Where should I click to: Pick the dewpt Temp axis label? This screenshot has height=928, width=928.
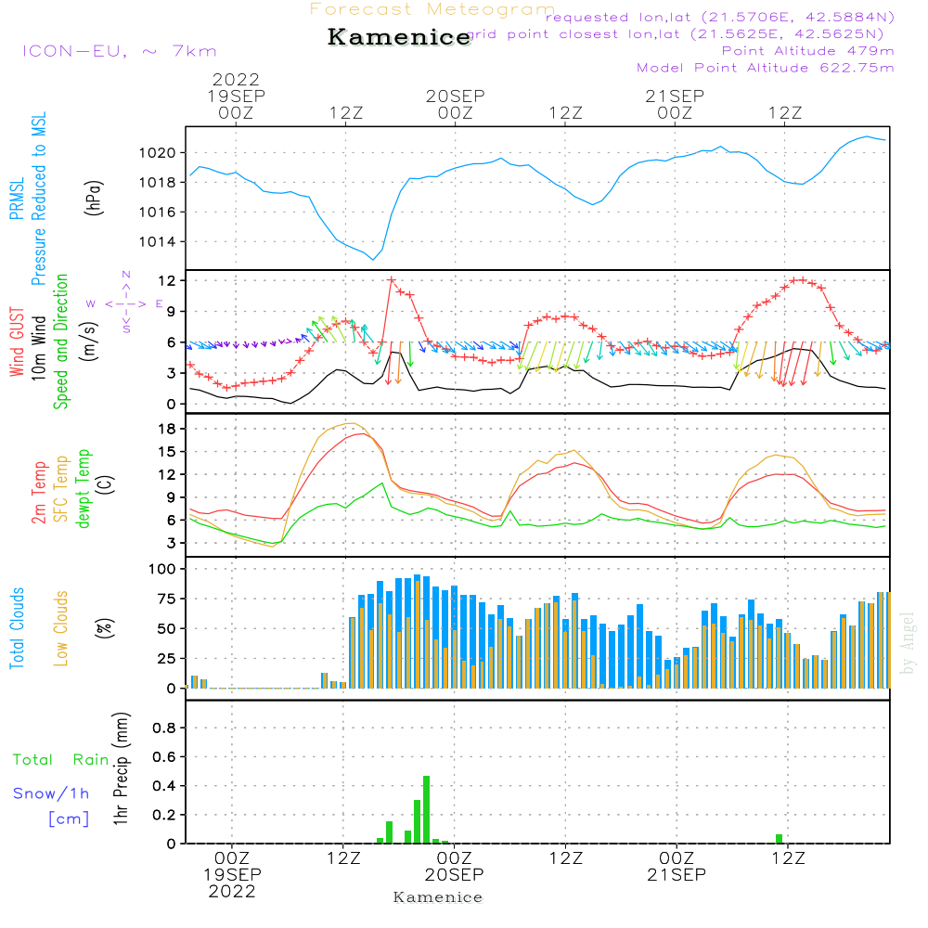[83, 489]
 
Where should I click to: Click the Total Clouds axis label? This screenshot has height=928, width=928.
[17, 628]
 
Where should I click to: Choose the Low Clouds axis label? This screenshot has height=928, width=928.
[61, 628]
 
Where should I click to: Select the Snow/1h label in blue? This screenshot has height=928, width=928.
[52, 793]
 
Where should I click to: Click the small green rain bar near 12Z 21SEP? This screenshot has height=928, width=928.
[779, 839]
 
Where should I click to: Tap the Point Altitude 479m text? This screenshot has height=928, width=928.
[807, 50]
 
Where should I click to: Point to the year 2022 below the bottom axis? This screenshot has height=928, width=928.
[231, 891]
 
